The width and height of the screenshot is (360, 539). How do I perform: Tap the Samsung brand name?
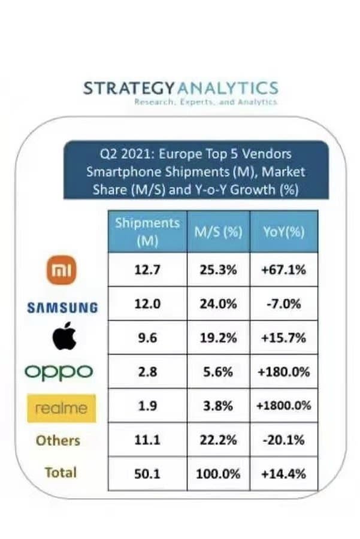pyautogui.click(x=62, y=307)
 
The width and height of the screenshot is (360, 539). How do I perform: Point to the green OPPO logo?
pyautogui.click(x=59, y=371)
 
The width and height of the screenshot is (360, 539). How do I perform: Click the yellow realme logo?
pyautogui.click(x=61, y=408)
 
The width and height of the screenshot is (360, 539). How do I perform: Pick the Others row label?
pyautogui.click(x=58, y=440)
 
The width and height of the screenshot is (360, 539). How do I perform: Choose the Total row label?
pyautogui.click(x=60, y=472)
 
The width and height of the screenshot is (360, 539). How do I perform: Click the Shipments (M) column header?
pyautogui.click(x=147, y=232)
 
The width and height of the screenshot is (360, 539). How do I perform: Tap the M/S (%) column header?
pyautogui.click(x=218, y=232)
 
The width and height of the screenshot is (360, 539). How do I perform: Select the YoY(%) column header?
pyautogui.click(x=284, y=232)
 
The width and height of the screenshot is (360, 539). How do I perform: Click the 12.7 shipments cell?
pyautogui.click(x=147, y=269)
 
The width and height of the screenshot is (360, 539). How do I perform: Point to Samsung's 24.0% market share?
pyautogui.click(x=218, y=304)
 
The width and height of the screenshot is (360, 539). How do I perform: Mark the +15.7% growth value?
pyautogui.click(x=284, y=337)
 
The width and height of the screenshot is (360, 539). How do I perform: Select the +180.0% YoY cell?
pyautogui.click(x=284, y=371)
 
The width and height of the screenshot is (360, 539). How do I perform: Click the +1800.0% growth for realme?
pyautogui.click(x=284, y=405)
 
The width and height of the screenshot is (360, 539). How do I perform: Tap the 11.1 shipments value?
pyautogui.click(x=147, y=440)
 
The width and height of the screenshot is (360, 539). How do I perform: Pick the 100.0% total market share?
pyautogui.click(x=218, y=474)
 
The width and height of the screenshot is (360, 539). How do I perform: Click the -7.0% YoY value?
pyautogui.click(x=284, y=304)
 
